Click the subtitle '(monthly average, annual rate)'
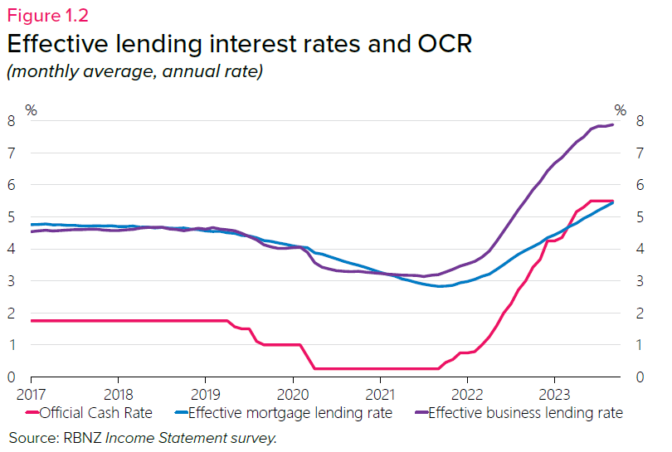pos(134,72)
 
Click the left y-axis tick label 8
pos(12,121)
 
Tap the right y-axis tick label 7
pos(639,153)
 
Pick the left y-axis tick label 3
pos(12,281)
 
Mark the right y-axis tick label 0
pos(639,377)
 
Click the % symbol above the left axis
pos(31,109)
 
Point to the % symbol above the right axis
pos(621,109)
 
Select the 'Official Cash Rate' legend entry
pos(91,412)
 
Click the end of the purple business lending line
pos(613,124)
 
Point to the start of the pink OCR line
pos(32,320)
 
